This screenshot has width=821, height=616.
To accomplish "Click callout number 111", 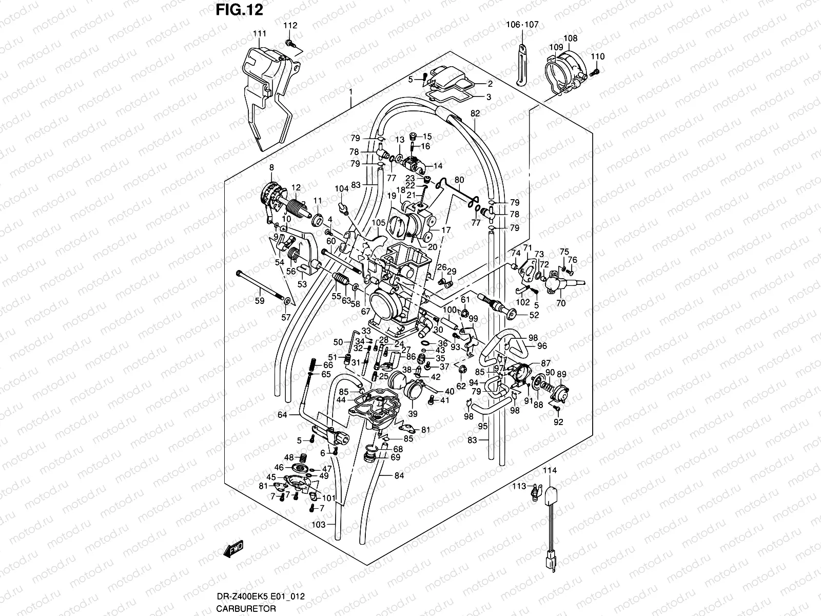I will point(260,34).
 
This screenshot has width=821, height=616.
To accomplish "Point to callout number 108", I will point(570,38).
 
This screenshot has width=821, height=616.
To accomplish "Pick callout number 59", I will point(260,301).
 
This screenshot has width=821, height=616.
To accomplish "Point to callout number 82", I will point(475,113).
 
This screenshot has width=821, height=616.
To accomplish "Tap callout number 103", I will point(319,525).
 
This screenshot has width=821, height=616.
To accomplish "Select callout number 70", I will point(561,303).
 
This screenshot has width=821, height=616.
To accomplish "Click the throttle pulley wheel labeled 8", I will point(272,198).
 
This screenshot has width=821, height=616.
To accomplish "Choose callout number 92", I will point(559,422).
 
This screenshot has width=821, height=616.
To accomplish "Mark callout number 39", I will point(413,414).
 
